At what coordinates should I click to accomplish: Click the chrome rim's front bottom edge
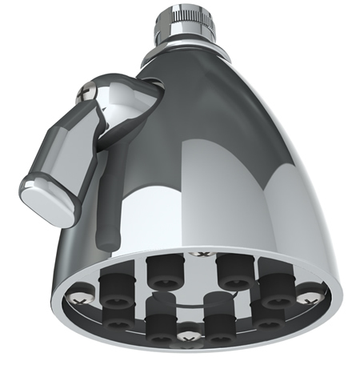coord(192,352)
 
